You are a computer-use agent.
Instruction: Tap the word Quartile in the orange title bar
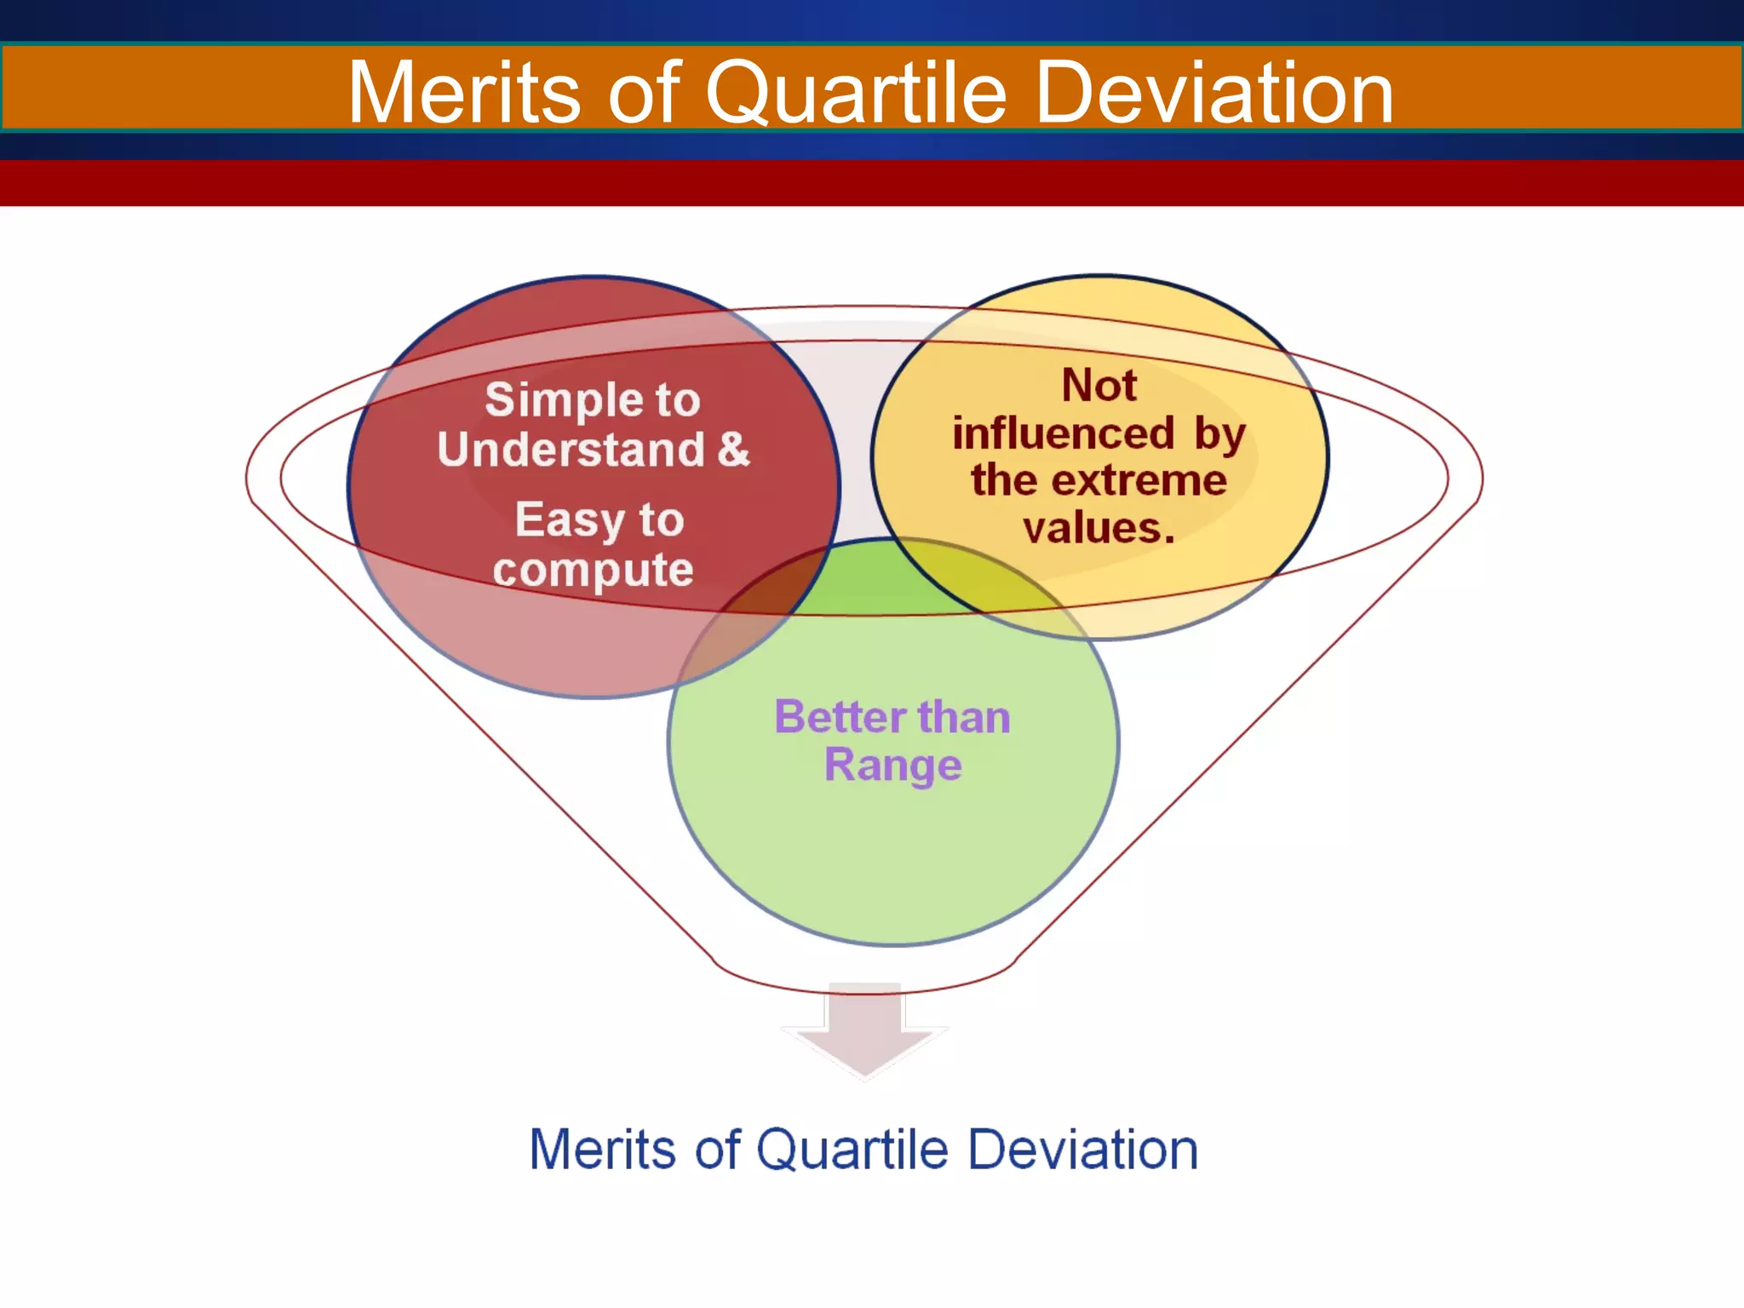856,94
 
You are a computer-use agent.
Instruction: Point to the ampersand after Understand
733,449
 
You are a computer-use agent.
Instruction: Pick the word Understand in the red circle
571,450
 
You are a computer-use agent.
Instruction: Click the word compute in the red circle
594,570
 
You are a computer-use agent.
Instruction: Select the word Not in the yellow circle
1099,385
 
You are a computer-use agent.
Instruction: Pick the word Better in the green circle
840,717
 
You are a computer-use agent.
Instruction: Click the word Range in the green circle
893,766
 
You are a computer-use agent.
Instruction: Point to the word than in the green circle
964,717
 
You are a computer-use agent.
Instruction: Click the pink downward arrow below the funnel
865,1030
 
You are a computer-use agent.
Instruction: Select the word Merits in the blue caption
603,1150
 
